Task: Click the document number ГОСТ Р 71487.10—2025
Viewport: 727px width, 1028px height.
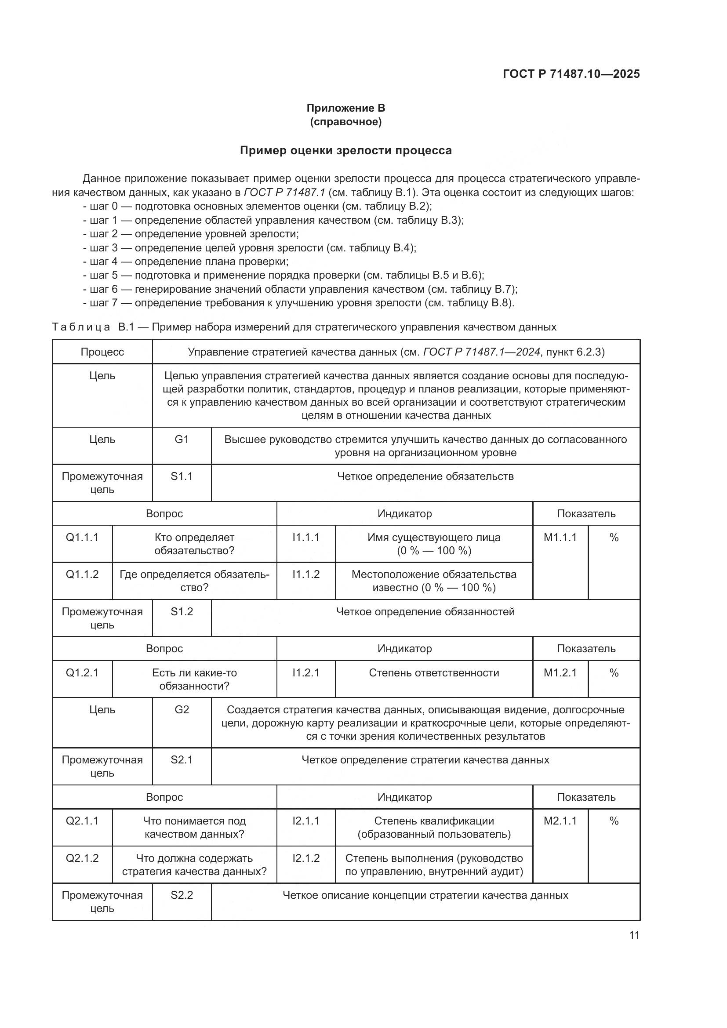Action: (x=571, y=74)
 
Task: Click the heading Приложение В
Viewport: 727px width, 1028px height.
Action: (x=345, y=108)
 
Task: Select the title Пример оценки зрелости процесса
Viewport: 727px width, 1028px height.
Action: (x=345, y=150)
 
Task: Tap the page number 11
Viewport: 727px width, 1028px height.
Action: (x=634, y=935)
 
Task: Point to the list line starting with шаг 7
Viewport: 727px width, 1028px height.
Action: (x=298, y=303)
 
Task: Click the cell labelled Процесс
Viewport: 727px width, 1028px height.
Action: (x=102, y=352)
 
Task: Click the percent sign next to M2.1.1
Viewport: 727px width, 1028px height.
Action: (x=614, y=821)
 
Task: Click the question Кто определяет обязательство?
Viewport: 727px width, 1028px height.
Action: (x=194, y=544)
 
